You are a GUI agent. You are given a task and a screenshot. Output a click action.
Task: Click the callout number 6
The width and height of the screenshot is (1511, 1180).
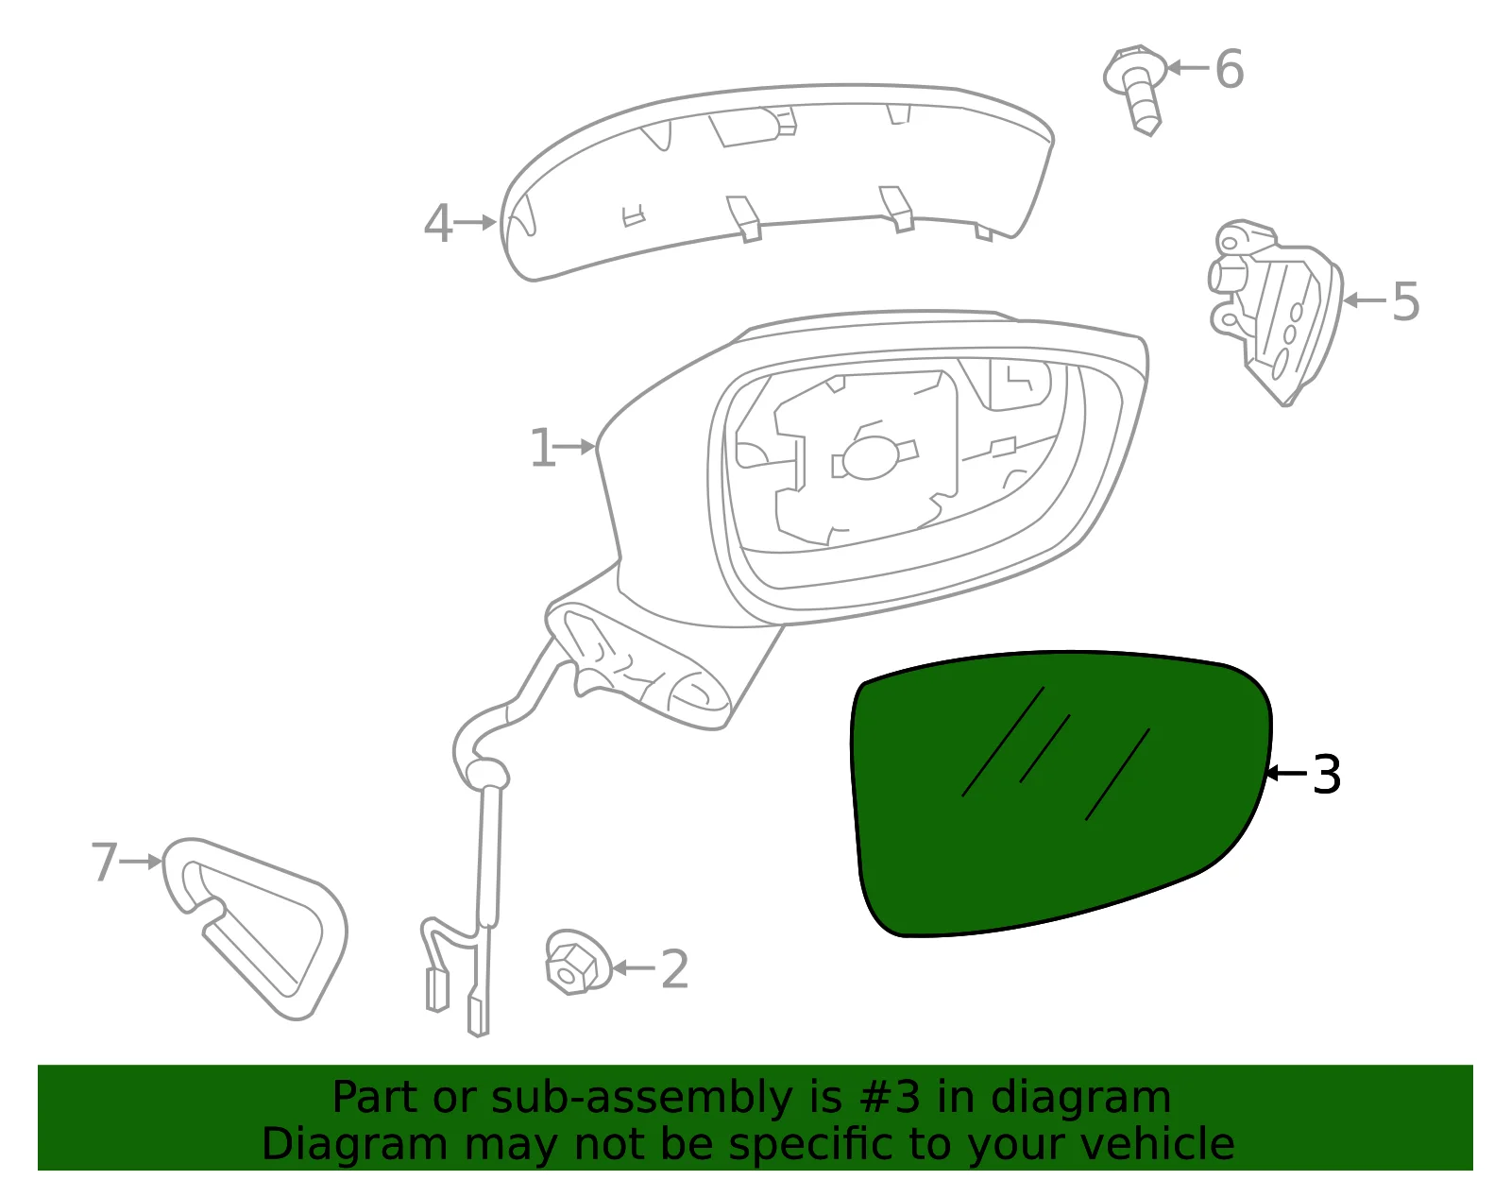click(x=1229, y=69)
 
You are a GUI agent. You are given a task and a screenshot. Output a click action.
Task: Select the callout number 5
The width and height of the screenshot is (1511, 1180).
click(x=1405, y=301)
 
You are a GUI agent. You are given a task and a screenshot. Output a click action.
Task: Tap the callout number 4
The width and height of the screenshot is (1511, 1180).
click(x=438, y=224)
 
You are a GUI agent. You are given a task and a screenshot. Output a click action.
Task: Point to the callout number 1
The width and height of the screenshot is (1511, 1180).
click(x=542, y=448)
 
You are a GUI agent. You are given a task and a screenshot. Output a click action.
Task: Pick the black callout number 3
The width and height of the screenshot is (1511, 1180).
click(x=1326, y=775)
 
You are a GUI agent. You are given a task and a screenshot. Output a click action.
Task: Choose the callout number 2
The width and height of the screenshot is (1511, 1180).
click(x=674, y=968)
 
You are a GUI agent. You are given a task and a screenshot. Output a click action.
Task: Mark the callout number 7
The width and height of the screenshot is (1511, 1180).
click(x=104, y=863)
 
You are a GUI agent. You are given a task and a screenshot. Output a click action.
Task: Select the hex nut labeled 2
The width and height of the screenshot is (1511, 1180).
click(x=577, y=963)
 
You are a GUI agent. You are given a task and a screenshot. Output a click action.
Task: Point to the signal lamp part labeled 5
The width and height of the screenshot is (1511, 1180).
click(x=1276, y=313)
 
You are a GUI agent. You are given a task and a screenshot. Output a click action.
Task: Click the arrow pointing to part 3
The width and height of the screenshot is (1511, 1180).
click(x=1286, y=773)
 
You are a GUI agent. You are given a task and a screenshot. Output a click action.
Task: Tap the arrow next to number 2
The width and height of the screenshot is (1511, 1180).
click(x=633, y=968)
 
